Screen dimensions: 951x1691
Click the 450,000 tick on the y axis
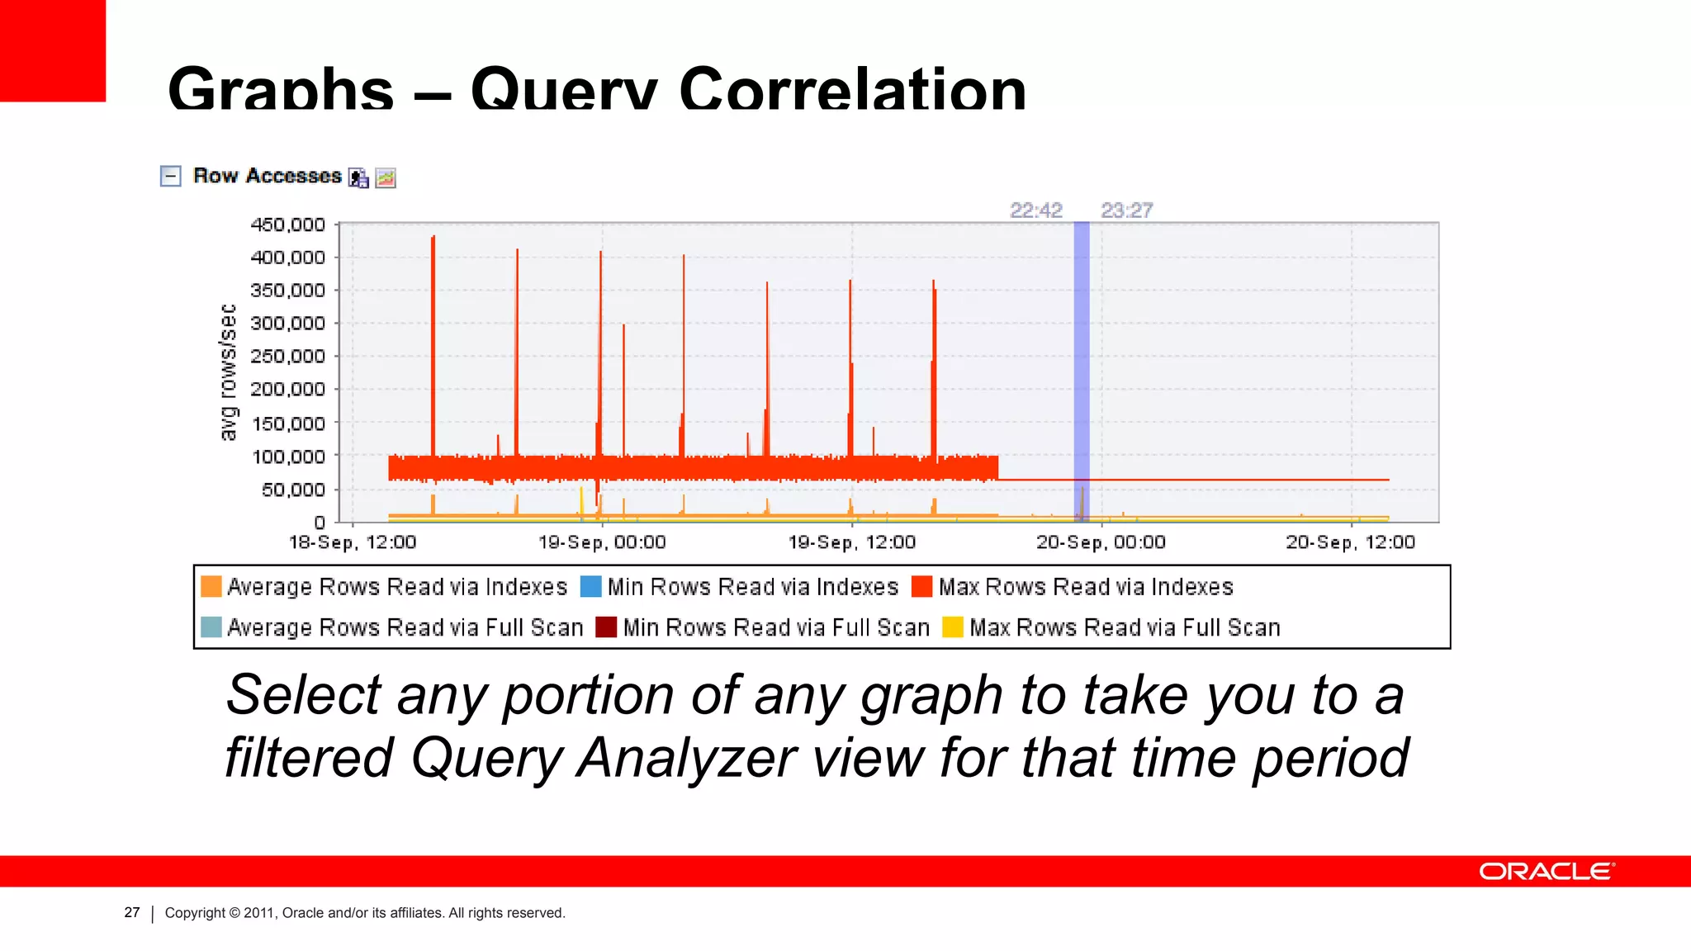(x=287, y=225)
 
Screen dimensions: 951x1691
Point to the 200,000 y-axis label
(x=287, y=389)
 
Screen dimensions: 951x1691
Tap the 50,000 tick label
(x=293, y=490)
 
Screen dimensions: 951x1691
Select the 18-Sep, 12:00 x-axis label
(x=353, y=542)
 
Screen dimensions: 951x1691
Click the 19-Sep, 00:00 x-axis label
(x=602, y=542)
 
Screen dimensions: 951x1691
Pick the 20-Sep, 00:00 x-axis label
(x=1101, y=542)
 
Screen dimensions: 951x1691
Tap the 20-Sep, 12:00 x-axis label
(x=1350, y=542)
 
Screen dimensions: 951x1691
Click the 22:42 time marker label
(x=1035, y=211)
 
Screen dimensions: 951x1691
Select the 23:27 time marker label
(x=1126, y=211)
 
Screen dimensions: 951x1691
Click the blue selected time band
(x=1081, y=371)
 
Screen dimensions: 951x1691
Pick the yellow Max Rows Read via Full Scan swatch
(x=953, y=627)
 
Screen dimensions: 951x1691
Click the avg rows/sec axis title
(x=228, y=372)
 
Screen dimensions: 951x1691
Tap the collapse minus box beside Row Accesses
(x=170, y=176)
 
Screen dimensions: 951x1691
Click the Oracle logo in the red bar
(x=1546, y=872)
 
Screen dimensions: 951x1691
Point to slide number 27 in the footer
(x=132, y=912)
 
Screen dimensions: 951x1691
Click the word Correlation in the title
(x=852, y=89)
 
